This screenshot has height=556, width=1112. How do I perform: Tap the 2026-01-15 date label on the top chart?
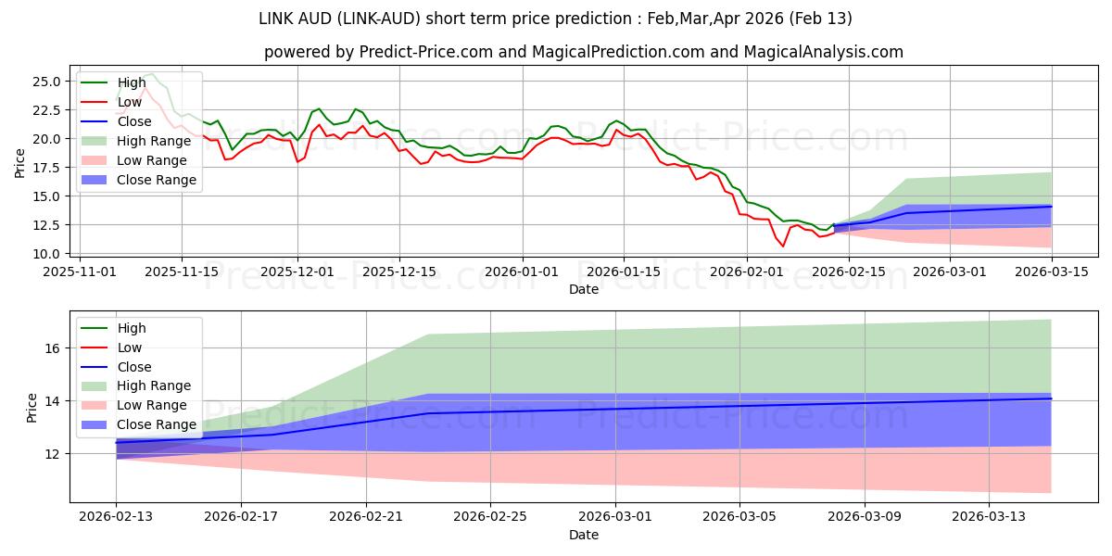(x=623, y=272)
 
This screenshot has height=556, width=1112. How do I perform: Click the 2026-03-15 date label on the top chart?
(x=1052, y=272)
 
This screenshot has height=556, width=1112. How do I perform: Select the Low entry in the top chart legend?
(x=131, y=102)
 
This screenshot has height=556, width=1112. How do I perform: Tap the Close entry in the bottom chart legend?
(x=135, y=367)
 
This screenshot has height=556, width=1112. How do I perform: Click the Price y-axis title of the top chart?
(x=20, y=163)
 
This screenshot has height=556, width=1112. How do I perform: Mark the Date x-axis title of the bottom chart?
(x=584, y=535)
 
